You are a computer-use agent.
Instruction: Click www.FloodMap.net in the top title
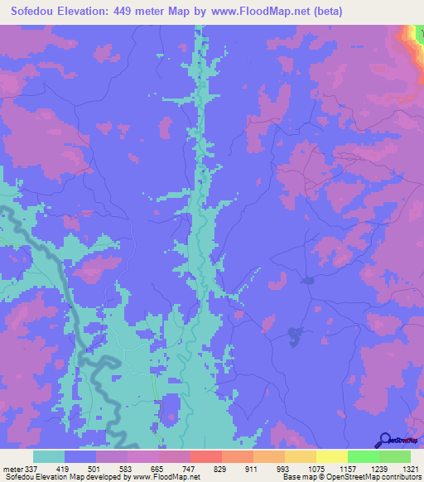coord(253,12)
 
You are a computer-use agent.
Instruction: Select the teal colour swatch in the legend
coord(49,457)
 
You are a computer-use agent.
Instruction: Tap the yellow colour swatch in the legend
coord(331,457)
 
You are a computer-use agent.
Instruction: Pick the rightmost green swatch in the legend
coord(394,457)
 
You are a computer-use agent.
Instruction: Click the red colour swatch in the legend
coord(205,457)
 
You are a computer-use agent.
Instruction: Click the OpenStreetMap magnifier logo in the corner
coord(385,440)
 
